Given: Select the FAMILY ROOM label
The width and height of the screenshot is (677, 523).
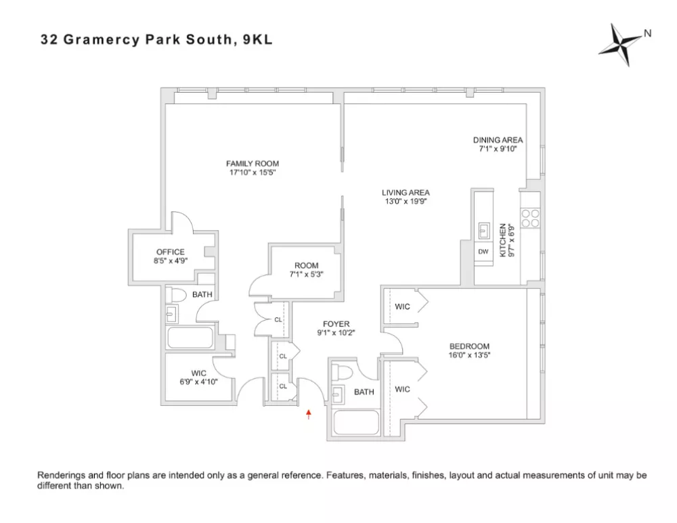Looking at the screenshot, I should (252, 164).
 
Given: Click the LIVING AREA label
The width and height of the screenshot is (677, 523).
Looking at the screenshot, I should (406, 193).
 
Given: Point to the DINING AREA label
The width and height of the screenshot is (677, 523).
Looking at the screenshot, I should (498, 141).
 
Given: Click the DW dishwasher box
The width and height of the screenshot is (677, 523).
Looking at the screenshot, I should (483, 252).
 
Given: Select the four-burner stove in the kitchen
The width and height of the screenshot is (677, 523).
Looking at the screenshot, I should (530, 217).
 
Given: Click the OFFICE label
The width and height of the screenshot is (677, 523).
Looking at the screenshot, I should (170, 252).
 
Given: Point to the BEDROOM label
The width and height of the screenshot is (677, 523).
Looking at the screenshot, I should (468, 346).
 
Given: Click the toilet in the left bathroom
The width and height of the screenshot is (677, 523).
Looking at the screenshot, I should (178, 295).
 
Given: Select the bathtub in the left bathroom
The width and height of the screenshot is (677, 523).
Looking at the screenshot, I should (192, 338).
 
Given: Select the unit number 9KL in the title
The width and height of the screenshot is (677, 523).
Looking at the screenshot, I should (257, 39).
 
